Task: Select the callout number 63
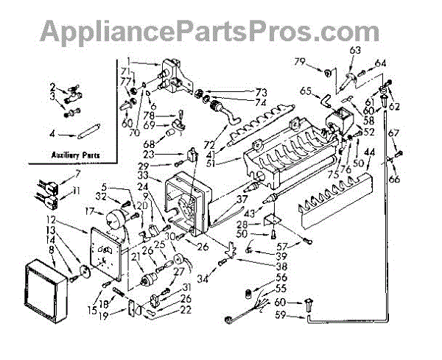[356, 50]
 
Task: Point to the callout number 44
[370, 151]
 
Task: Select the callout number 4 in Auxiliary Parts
[52, 133]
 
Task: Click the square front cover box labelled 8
[46, 290]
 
